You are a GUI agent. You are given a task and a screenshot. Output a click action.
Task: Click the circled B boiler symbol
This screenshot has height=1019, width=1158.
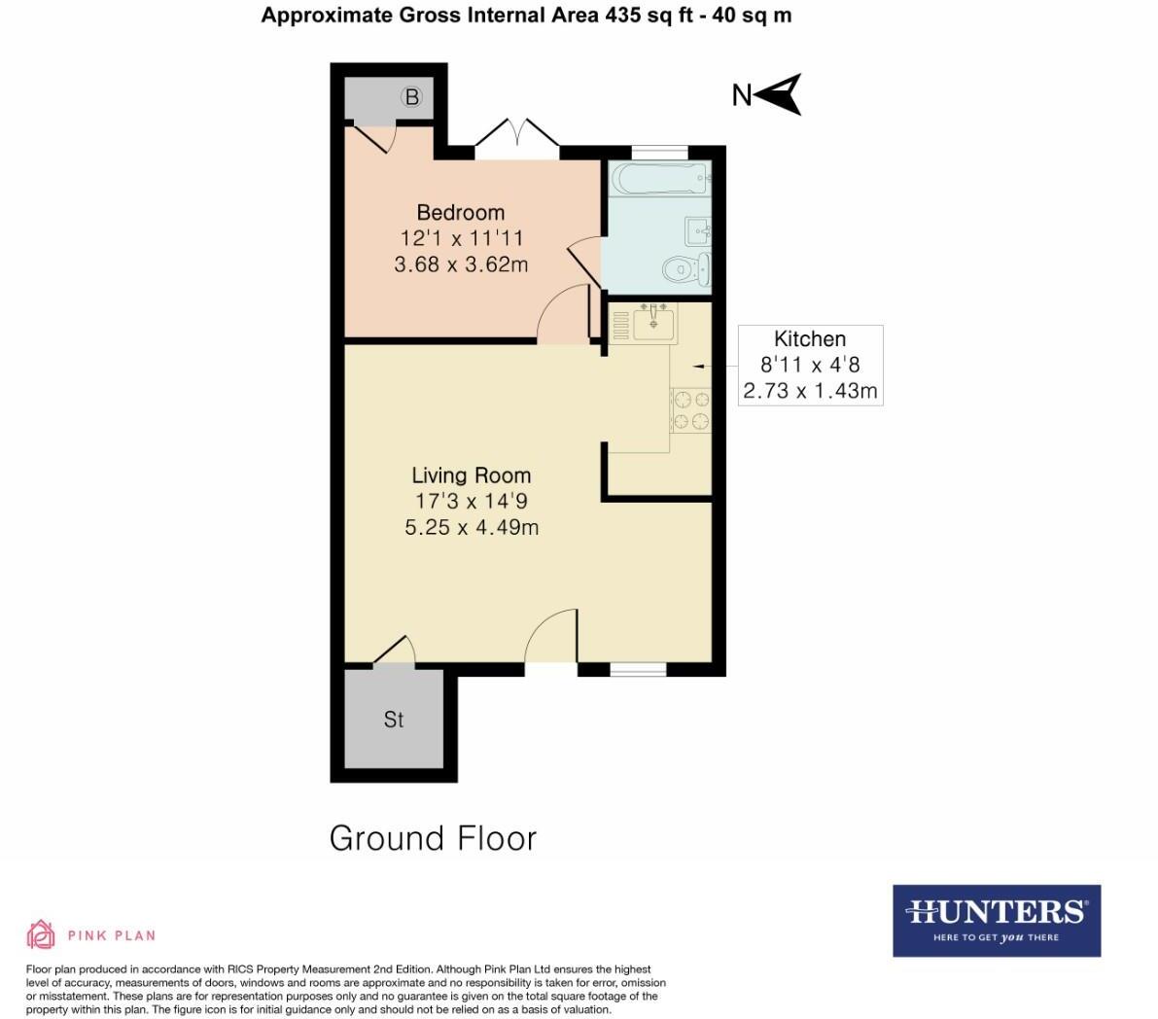412,97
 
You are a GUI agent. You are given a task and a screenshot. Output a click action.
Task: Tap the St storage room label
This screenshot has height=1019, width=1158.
394,720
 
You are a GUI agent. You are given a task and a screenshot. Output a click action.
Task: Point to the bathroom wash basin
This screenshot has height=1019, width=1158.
700,231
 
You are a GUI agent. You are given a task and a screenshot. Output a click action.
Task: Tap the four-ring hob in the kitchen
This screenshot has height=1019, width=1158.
691,409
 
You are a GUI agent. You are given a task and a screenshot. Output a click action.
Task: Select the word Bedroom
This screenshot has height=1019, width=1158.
461,212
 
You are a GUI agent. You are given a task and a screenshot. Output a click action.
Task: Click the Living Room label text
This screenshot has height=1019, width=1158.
472,475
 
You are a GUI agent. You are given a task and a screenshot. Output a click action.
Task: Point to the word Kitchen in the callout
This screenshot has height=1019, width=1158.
810,339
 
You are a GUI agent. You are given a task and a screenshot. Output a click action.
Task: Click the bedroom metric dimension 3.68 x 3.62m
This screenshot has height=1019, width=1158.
461,264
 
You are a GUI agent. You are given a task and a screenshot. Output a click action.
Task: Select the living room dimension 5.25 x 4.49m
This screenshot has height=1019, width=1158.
472,528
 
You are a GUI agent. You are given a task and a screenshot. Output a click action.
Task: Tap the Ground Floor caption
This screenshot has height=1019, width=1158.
433,838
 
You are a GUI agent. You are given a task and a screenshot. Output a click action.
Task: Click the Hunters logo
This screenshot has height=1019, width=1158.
997,920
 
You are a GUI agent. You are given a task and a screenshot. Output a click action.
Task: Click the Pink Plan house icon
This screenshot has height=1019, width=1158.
40,935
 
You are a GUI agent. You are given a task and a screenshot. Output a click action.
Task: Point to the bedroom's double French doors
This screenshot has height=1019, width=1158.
517,137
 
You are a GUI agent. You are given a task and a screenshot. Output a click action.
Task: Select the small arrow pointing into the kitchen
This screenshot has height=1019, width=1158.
699,366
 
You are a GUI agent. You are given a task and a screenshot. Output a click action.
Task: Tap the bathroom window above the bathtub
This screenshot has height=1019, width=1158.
659,152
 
